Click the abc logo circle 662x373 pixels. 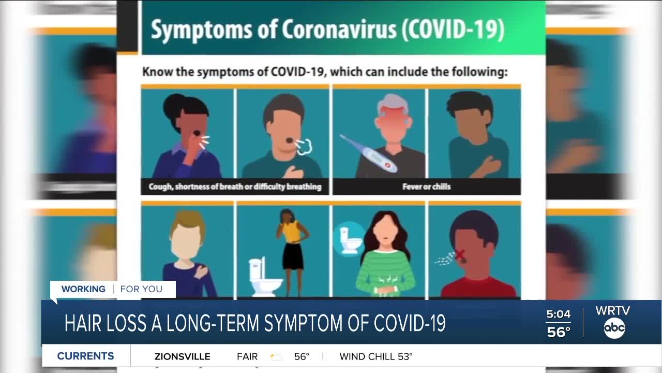(614, 328)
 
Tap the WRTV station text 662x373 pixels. (613, 311)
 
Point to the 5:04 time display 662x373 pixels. (559, 314)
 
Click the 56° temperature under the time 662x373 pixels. (559, 332)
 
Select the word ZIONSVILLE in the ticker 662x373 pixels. (182, 356)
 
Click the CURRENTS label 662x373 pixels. (85, 356)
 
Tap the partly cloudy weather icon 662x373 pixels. (276, 356)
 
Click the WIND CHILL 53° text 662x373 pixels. (376, 356)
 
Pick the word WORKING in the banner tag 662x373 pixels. (83, 289)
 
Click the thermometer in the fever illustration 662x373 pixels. (368, 154)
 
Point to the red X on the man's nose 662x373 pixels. (459, 254)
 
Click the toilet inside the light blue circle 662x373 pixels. (349, 238)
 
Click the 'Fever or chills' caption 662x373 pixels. (426, 187)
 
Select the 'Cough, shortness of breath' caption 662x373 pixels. (235, 187)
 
